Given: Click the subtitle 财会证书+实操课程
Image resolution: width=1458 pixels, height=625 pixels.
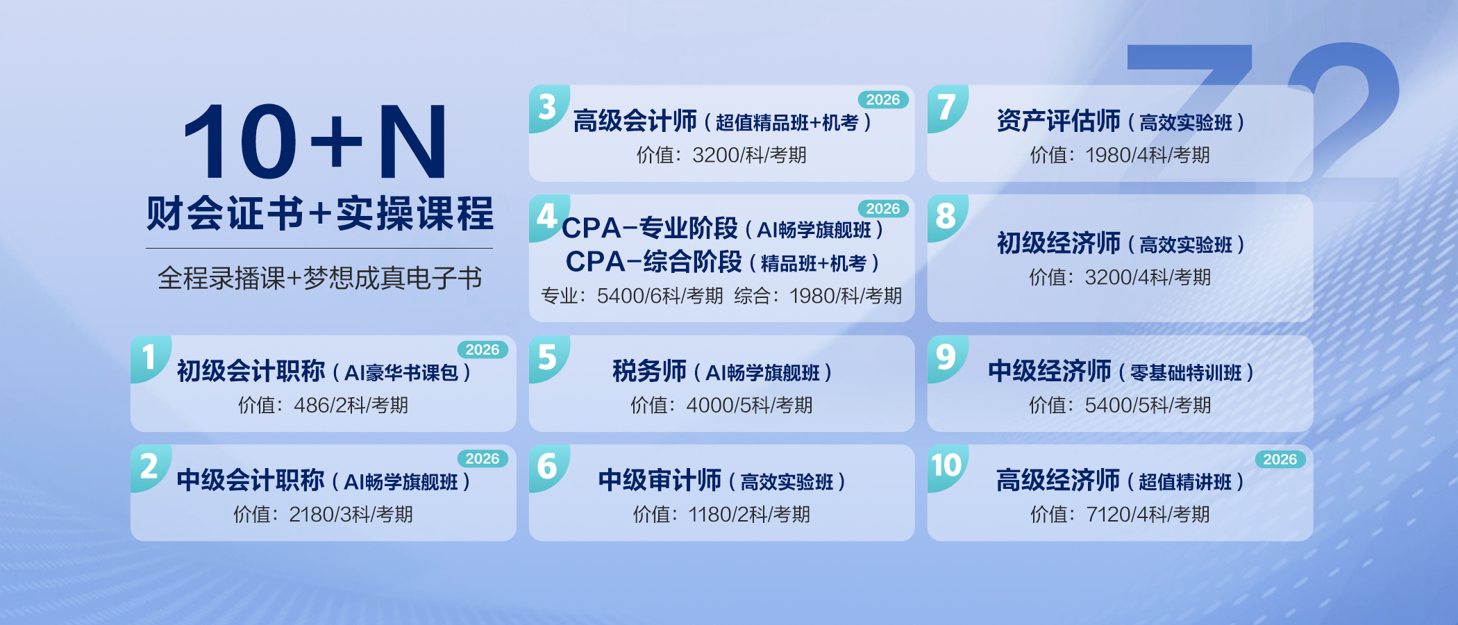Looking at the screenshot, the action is pyautogui.click(x=319, y=213).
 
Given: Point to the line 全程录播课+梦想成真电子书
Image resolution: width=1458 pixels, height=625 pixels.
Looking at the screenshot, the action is pyautogui.click(x=319, y=278).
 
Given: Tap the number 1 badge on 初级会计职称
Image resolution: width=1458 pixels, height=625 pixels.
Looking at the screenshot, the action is pyautogui.click(x=149, y=357).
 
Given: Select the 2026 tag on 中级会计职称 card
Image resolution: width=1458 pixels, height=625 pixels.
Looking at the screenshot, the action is pyautogui.click(x=483, y=458).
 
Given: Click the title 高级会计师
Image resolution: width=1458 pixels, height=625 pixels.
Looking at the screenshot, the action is pyautogui.click(x=635, y=121).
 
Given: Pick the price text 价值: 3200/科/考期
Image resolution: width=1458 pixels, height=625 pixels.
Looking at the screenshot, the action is pyautogui.click(x=721, y=155).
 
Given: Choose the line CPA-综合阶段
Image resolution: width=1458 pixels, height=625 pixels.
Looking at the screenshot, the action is pyautogui.click(x=653, y=262).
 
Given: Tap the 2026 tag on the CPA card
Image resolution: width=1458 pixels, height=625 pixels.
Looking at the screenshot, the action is pyautogui.click(x=883, y=208).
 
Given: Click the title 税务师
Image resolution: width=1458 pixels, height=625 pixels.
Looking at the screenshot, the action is pyautogui.click(x=649, y=371).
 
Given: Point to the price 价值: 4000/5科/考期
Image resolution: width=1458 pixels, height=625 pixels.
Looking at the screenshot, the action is pyautogui.click(x=721, y=405).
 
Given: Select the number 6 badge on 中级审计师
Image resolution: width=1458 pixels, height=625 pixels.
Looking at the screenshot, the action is pyautogui.click(x=547, y=466).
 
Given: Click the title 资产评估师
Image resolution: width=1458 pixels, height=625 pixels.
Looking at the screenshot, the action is pyautogui.click(x=1058, y=121).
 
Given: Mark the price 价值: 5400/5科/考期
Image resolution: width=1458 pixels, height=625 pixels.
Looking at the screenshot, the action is pyautogui.click(x=1120, y=405).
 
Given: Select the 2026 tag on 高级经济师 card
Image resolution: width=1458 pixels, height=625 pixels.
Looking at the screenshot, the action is pyautogui.click(x=1280, y=459).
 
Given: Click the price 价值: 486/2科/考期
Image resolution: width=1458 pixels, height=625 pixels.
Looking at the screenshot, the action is pyautogui.click(x=323, y=405).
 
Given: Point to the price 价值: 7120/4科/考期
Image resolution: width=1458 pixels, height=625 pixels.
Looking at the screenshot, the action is pyautogui.click(x=1120, y=514).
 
